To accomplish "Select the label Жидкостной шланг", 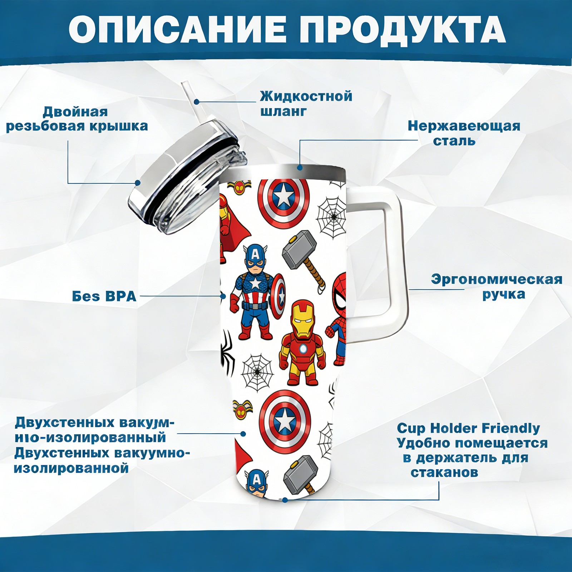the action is [x=306, y=103].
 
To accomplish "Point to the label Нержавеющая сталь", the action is [x=464, y=133].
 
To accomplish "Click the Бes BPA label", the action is [x=104, y=296].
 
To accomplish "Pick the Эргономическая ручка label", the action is [x=497, y=287].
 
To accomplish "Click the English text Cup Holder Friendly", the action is [x=468, y=428].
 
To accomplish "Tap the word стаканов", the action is [x=444, y=472].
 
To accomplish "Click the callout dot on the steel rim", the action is [x=300, y=167].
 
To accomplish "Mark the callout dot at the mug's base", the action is [x=285, y=500].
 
